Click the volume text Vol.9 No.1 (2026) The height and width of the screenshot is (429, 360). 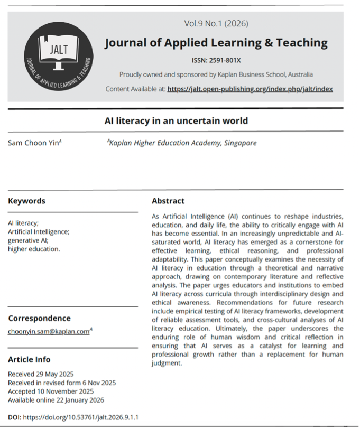pos(216,23)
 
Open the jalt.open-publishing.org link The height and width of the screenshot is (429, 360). pos(250,89)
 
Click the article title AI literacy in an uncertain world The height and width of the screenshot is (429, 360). pos(176,121)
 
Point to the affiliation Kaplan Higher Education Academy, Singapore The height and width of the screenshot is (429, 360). pos(182,143)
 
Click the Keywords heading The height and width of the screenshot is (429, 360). pos(26,201)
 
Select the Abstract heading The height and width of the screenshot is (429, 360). pos(168,201)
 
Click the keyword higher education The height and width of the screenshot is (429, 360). pos(34,248)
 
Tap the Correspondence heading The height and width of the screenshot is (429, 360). pos(39,318)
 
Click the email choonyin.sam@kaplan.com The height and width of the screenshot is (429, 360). pos(49,332)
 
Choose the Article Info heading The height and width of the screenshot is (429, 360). pos(29,359)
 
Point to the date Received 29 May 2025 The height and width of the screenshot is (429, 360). pos(41,374)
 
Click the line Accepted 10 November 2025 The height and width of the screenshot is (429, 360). pos(51,391)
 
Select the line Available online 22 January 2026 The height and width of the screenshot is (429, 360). pos(56,400)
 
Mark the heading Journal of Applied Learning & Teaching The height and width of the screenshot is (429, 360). pos(216,43)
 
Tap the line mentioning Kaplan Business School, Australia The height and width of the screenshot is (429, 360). pos(216,74)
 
